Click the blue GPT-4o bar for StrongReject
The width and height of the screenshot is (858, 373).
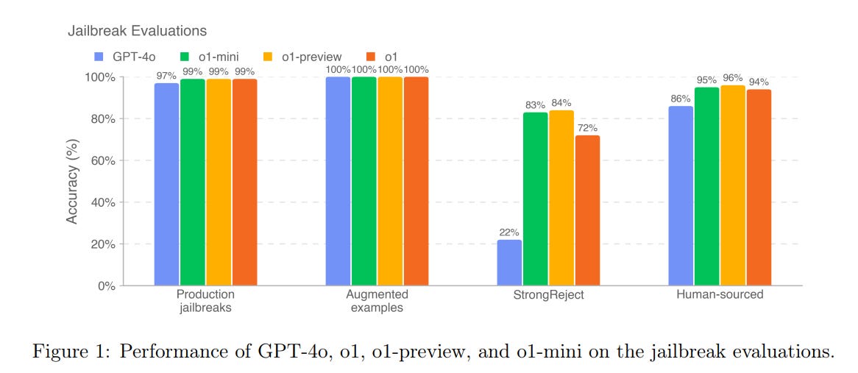pos(509,263)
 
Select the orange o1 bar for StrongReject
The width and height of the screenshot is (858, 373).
pos(588,210)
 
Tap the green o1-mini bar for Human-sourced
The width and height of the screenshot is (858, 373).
pos(707,187)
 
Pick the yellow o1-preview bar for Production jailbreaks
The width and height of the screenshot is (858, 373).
pos(219,182)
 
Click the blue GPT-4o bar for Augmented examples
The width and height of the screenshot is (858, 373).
pos(338,181)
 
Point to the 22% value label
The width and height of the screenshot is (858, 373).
pos(509,232)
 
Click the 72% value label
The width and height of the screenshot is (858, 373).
pos(588,128)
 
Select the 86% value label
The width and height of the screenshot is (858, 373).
pos(681,99)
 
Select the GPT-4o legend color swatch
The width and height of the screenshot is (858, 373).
pos(99,57)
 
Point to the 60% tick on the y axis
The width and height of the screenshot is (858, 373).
pos(102,161)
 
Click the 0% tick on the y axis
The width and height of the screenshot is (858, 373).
pos(106,285)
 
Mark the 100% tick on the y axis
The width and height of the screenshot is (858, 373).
pos(99,77)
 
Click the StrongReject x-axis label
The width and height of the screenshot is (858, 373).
pos(549,295)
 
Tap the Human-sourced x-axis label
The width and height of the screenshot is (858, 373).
pos(720,295)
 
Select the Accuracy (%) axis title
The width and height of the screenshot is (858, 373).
pos(72,181)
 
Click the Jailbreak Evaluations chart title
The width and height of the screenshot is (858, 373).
pos(138,31)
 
